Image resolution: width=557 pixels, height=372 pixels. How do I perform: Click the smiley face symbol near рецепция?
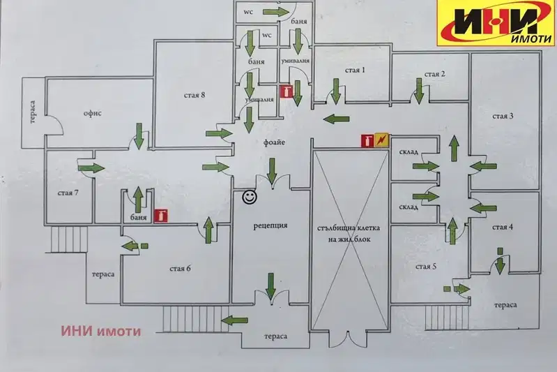(x=250, y=197)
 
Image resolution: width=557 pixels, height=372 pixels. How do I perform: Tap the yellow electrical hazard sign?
(x=382, y=140)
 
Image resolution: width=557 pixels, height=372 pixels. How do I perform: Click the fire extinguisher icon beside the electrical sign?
(x=367, y=140)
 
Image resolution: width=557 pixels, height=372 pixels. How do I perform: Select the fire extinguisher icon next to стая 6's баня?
(x=161, y=216)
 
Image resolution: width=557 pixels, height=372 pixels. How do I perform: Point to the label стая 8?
(x=194, y=96)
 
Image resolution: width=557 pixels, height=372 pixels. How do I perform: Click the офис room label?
(x=93, y=114)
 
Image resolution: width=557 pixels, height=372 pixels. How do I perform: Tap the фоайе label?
(x=274, y=142)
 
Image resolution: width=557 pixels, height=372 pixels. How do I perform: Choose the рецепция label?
(x=270, y=225)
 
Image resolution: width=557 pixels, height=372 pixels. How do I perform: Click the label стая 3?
(x=503, y=116)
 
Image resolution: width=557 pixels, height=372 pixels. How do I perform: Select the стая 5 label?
(x=425, y=267)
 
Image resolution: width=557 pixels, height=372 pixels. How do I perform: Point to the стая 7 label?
(x=68, y=193)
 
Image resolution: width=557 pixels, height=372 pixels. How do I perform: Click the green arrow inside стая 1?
(x=336, y=91)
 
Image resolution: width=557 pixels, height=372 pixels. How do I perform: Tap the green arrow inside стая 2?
(x=420, y=91)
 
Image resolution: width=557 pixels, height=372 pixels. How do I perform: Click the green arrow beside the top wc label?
(x=276, y=12)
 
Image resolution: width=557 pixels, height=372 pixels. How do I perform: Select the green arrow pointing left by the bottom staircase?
(x=234, y=320)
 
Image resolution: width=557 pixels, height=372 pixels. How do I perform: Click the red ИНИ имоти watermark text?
(x=101, y=331)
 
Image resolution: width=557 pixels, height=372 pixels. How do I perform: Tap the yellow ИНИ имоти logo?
(x=496, y=23)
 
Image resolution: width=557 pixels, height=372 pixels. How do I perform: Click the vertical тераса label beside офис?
(x=33, y=112)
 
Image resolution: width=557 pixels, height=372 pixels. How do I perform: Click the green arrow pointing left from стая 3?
(x=483, y=165)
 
